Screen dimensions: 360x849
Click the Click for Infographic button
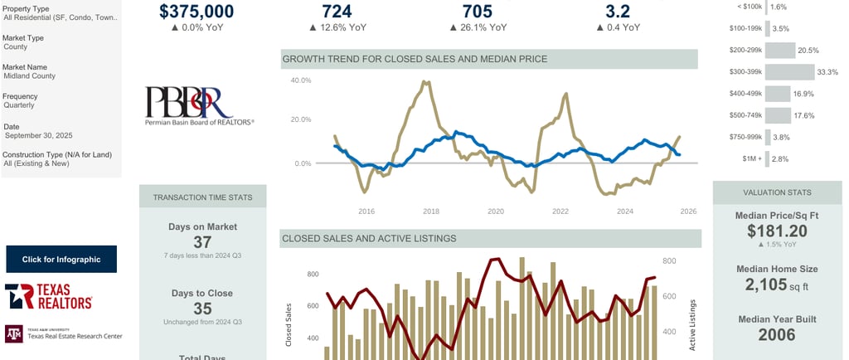[61, 259]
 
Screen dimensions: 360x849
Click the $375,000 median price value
[207, 11]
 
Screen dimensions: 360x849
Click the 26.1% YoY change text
[478, 27]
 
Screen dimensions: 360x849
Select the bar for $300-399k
[789, 72]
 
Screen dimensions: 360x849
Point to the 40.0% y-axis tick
[300, 80]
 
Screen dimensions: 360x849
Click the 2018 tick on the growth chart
[431, 212]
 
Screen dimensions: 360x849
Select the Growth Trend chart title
[415, 59]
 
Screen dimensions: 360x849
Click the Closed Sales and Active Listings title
[370, 239]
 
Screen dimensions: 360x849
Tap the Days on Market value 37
[202, 241]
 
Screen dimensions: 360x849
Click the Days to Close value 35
[202, 309]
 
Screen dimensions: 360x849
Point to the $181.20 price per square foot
[777, 231]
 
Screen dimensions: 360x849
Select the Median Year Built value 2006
[777, 335]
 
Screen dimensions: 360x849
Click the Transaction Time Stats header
[202, 197]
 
